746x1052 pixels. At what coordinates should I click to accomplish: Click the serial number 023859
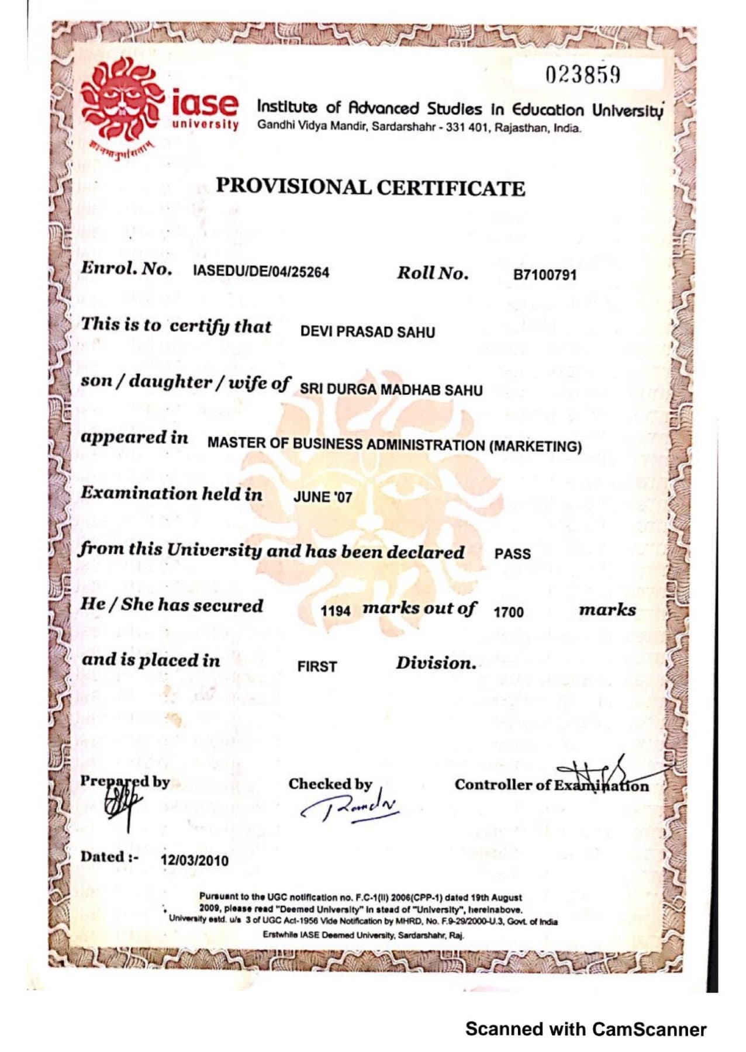point(582,75)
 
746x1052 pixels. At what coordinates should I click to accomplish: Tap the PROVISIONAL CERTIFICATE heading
point(371,187)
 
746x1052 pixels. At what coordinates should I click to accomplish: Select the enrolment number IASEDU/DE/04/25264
point(261,272)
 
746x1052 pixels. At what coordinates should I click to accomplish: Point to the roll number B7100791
point(544,275)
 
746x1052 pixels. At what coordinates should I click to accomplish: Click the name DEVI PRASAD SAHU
point(367,332)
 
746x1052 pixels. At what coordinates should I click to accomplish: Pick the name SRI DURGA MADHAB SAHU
point(391,389)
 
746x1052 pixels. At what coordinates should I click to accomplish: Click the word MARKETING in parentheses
point(535,447)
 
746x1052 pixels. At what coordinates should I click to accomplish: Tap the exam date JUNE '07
point(323,497)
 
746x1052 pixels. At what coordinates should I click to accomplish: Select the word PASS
point(512,553)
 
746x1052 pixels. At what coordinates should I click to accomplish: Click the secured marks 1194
point(335,611)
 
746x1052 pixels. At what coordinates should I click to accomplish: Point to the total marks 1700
point(508,612)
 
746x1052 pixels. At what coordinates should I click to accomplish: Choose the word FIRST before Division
point(317,666)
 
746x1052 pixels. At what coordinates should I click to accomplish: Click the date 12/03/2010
point(195,860)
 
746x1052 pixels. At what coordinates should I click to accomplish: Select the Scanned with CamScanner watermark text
point(586,1029)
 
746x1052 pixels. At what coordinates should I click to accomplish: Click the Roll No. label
point(433,273)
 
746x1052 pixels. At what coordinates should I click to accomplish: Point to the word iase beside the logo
point(205,104)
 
